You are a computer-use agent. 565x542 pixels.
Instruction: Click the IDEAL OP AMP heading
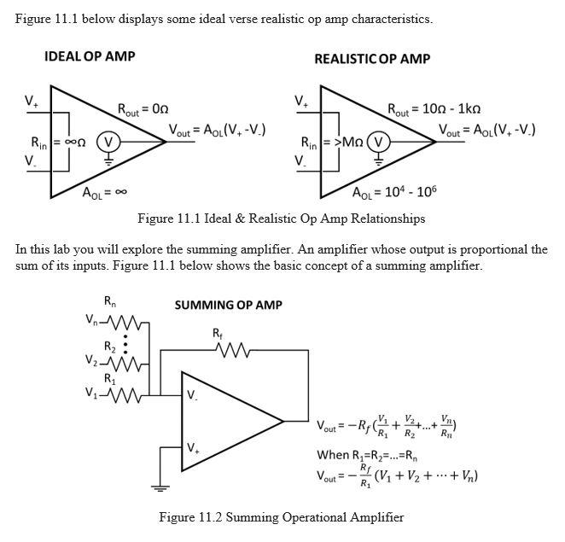point(90,56)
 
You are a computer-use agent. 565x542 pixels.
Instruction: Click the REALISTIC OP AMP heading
point(372,59)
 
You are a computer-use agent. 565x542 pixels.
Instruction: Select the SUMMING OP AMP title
point(228,305)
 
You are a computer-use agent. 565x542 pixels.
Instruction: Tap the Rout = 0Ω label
point(143,109)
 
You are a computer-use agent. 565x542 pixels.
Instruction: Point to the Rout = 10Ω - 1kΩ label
point(434,109)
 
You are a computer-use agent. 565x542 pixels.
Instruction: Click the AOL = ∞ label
point(104,193)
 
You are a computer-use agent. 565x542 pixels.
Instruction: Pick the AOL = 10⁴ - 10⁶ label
point(394,191)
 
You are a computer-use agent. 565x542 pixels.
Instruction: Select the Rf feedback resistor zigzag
point(234,349)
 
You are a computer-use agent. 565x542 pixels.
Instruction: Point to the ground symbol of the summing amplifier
point(157,487)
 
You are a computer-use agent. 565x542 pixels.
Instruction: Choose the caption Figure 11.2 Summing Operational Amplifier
point(281,516)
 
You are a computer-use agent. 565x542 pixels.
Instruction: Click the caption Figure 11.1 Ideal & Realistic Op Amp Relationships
point(281,219)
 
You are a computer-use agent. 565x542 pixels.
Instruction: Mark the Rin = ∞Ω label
point(48,142)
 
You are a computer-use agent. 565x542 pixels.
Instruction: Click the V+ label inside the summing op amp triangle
point(194,447)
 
